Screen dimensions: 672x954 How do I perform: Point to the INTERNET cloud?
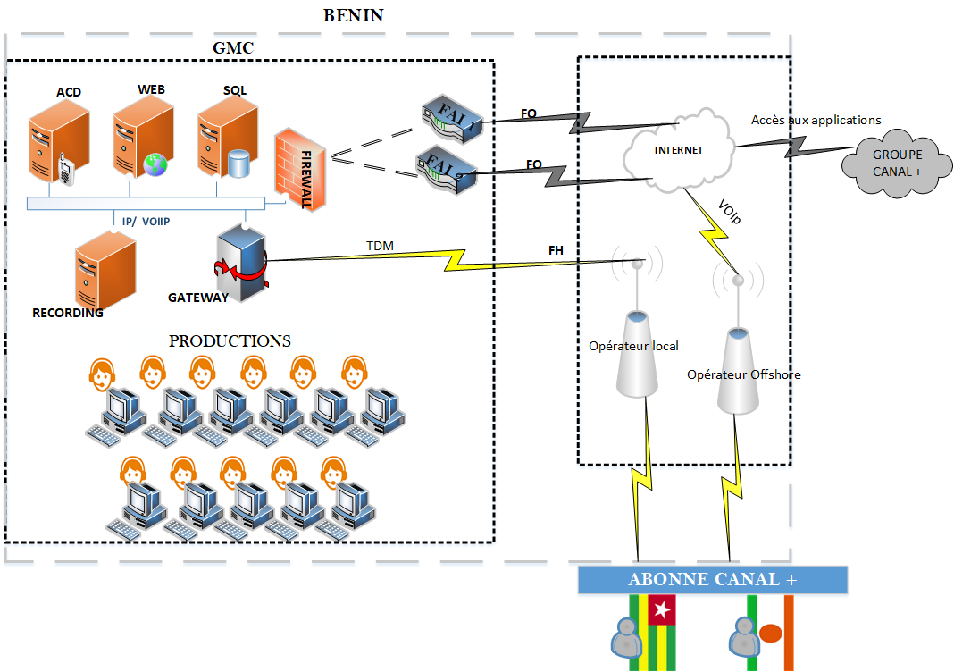679,148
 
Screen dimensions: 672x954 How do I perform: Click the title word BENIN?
354,16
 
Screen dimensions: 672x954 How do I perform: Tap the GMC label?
233,48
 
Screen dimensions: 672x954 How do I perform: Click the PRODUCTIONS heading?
230,340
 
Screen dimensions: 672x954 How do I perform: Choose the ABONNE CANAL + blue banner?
712,579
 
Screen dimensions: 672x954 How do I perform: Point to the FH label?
556,250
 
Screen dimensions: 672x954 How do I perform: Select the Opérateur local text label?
633,346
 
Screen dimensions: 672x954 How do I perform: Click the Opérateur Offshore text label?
743,374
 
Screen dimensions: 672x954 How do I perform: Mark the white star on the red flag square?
662,611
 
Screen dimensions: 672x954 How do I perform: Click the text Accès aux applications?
816,119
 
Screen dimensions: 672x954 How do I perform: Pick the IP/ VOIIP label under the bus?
145,220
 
